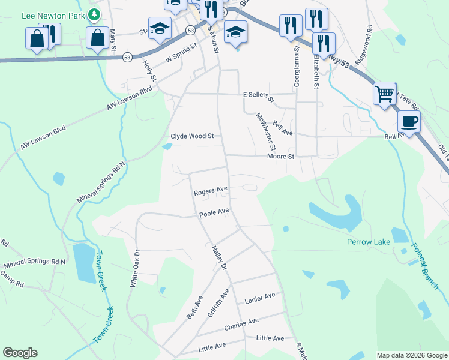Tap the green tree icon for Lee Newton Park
94,14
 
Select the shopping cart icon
384,93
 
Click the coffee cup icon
409,122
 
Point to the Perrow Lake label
369,242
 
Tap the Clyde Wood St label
192,136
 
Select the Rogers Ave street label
210,191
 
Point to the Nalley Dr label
218,256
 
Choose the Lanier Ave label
259,296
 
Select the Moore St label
281,156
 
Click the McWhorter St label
265,131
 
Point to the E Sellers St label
258,97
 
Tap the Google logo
20,353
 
